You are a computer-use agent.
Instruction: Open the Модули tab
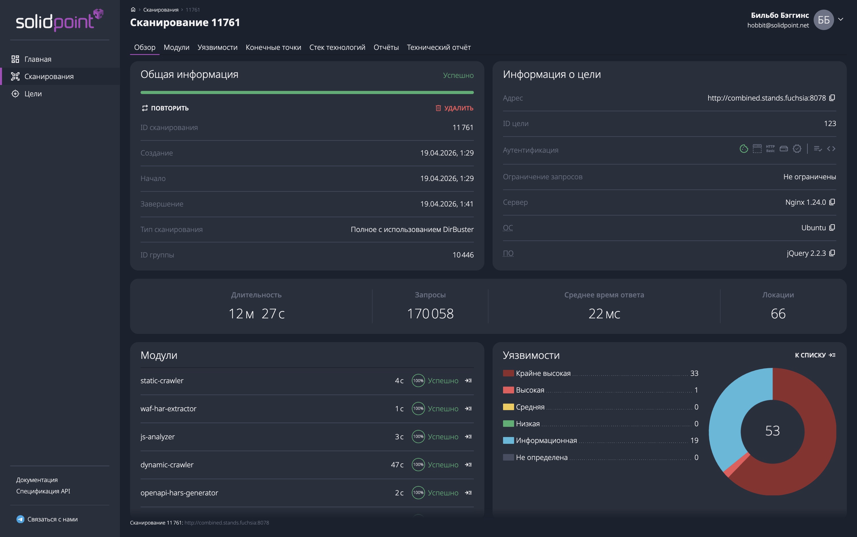pyautogui.click(x=176, y=47)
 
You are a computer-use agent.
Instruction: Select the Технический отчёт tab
pyautogui.click(x=438, y=47)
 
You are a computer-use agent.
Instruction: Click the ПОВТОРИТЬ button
pyautogui.click(x=165, y=108)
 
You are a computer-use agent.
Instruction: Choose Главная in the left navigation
pyautogui.click(x=38, y=59)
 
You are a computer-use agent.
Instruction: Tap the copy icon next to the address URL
pyautogui.click(x=832, y=98)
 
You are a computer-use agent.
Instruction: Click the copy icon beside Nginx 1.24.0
pyautogui.click(x=832, y=202)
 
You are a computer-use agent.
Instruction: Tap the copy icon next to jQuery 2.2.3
pyautogui.click(x=832, y=253)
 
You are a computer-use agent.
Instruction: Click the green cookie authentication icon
pyautogui.click(x=744, y=149)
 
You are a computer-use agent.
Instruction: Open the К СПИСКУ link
pyautogui.click(x=815, y=355)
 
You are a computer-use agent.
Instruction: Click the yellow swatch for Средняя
pyautogui.click(x=508, y=407)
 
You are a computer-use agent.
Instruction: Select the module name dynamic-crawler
pyautogui.click(x=167, y=464)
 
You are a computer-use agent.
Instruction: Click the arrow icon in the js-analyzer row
pyautogui.click(x=468, y=436)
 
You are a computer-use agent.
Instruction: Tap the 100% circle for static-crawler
pyautogui.click(x=418, y=380)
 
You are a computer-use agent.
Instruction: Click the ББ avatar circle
pyautogui.click(x=824, y=20)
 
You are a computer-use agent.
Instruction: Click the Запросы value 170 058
pyautogui.click(x=430, y=314)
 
